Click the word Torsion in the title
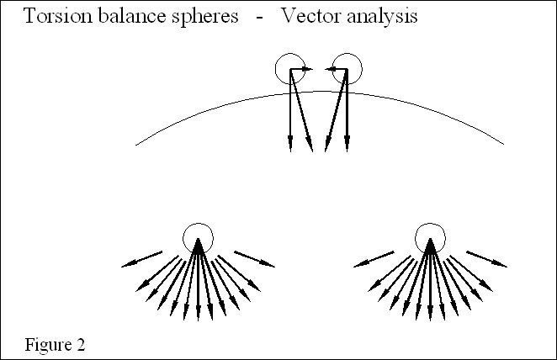pos(53,17)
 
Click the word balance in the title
pos(124,17)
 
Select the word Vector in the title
pos(310,17)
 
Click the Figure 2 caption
pos(55,345)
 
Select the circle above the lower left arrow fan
pos(198,236)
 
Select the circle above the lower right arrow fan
pos(430,236)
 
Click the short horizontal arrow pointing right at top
pos(303,70)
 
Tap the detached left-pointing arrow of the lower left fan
pos(141,259)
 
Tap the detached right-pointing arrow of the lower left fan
pos(254,259)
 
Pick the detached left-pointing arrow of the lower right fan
pos(373,259)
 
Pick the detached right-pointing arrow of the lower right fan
pos(487,259)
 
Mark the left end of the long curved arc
pos(136,145)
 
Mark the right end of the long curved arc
pos(503,144)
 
